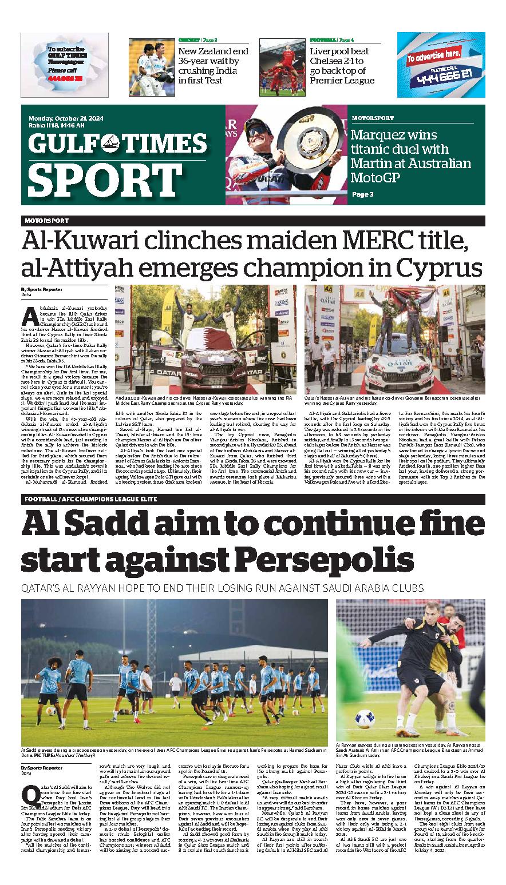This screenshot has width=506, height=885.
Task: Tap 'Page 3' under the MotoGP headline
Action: click(x=362, y=194)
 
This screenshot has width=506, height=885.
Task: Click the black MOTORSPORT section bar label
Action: click(x=46, y=221)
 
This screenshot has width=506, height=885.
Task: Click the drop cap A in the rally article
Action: click(x=26, y=314)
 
